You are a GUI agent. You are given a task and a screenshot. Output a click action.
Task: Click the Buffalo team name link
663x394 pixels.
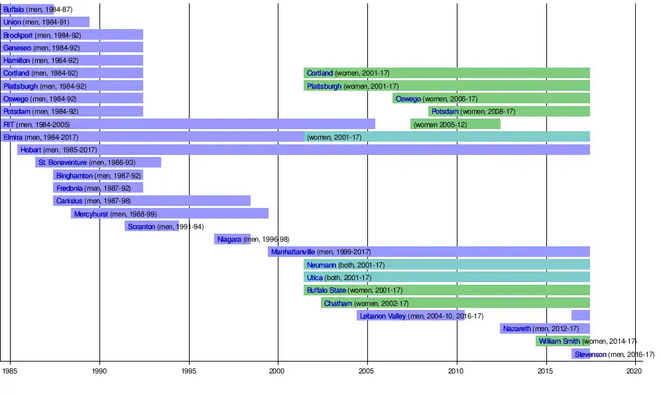pos(13,9)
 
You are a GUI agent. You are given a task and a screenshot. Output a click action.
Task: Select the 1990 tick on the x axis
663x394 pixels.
pos(99,371)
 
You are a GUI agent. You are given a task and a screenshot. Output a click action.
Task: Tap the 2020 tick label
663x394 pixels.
pos(634,371)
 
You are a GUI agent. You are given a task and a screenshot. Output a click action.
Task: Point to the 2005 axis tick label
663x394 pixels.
pos(367,371)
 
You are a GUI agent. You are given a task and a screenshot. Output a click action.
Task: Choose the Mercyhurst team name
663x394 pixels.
pos(91,214)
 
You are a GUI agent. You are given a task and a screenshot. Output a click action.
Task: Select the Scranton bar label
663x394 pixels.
pos(141,226)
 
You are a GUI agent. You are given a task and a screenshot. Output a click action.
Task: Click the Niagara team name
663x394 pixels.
pos(229,239)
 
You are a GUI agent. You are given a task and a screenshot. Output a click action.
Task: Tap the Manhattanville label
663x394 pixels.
pos(293,252)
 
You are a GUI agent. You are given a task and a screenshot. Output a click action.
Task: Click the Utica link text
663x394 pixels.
pos(315,277)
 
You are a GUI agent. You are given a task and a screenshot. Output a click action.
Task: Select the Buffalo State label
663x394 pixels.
pos(324,290)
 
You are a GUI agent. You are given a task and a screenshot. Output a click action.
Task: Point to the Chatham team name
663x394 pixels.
pos(337,303)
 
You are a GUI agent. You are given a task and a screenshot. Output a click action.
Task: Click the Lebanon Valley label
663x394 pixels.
pos(383,316)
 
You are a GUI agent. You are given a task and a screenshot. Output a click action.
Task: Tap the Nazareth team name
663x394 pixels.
pos(517,328)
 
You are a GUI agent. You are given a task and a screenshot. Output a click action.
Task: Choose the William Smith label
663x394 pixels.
pos(559,341)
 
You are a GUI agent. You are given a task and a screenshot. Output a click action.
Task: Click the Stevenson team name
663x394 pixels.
pos(590,354)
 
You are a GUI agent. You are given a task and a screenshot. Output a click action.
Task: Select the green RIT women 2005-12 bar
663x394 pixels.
pos(455,124)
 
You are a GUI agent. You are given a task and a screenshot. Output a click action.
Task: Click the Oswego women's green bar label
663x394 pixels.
pos(408,99)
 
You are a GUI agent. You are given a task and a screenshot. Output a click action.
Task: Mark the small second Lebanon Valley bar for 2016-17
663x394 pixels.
pos(581,316)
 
